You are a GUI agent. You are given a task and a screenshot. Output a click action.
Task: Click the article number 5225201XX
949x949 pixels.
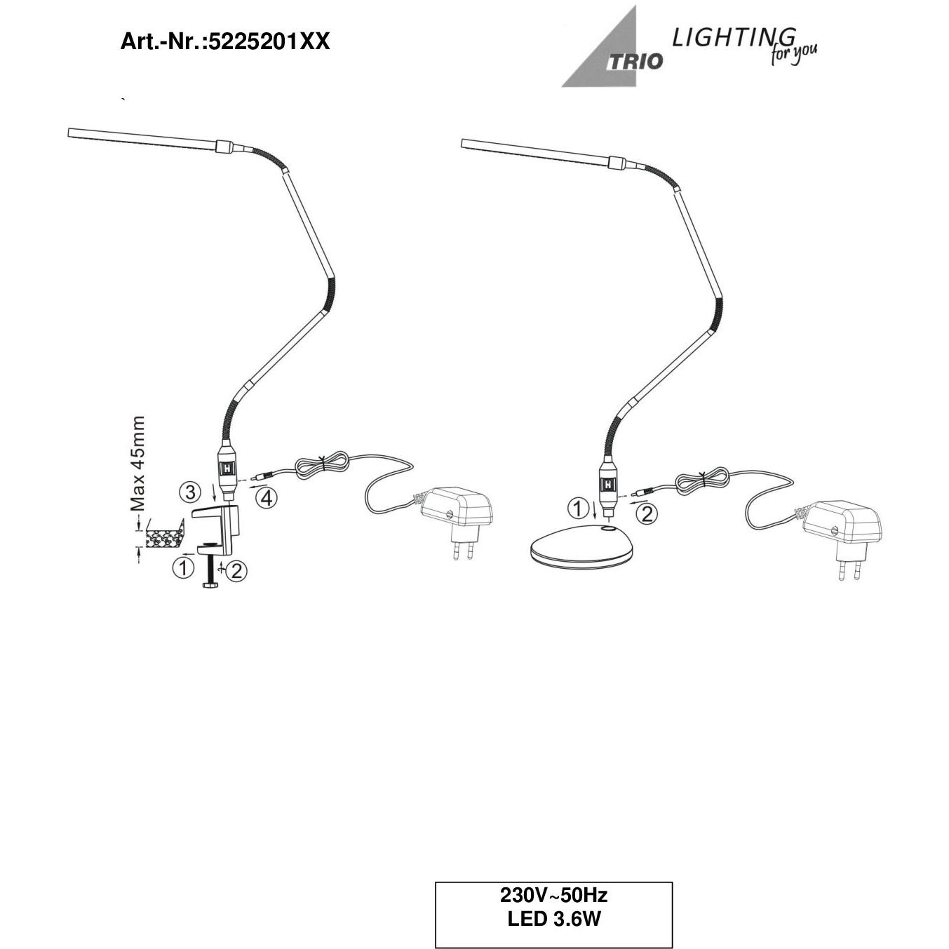pos(269,42)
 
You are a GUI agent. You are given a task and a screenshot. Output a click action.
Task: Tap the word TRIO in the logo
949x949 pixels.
pos(635,62)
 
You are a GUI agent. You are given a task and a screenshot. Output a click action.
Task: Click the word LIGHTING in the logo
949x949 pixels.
pos(733,38)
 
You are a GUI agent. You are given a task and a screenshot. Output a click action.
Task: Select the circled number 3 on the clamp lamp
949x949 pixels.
pos(189,491)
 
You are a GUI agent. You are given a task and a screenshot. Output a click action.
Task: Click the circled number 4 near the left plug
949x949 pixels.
pos(267,499)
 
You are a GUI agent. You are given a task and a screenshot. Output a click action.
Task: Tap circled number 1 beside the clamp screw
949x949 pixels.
pos(182,568)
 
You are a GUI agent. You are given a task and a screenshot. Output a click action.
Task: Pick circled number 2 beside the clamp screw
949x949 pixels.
pos(236,571)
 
